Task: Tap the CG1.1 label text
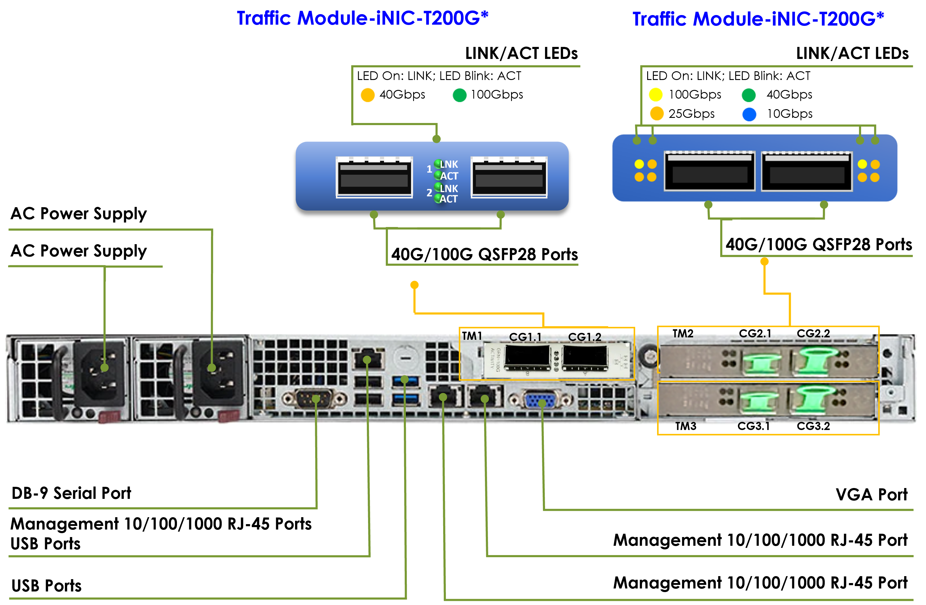click(x=525, y=337)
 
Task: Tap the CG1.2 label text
click(x=584, y=337)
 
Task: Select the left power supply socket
click(x=100, y=373)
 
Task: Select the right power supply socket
click(x=218, y=373)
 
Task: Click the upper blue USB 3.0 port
click(x=405, y=380)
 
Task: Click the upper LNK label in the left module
click(x=449, y=164)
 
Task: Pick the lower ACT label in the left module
click(x=449, y=199)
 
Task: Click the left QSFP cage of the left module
click(x=374, y=177)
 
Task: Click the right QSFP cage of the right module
click(x=806, y=172)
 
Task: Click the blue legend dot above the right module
click(x=749, y=115)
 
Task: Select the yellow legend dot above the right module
click(x=656, y=95)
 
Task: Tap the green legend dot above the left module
click(x=459, y=95)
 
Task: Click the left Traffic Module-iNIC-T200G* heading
click(x=362, y=18)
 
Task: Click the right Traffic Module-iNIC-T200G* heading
click(x=758, y=19)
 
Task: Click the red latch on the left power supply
click(x=109, y=417)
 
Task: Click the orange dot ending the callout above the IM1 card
click(x=414, y=285)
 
